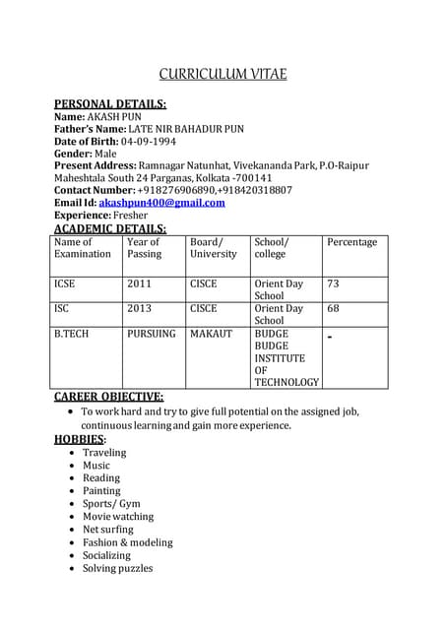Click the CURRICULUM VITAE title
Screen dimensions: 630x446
click(223, 74)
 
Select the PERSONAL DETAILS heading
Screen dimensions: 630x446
click(109, 103)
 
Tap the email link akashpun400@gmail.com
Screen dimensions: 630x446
click(161, 203)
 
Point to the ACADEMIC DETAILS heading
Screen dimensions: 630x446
click(109, 228)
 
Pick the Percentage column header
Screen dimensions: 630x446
click(351, 242)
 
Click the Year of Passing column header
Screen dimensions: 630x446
click(144, 248)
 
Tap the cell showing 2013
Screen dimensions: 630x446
click(139, 308)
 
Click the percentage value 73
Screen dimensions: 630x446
click(333, 283)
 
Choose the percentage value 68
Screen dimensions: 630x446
click(333, 308)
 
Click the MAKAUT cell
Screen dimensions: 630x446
click(211, 334)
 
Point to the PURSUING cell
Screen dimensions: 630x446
click(151, 334)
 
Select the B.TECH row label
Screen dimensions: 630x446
click(71, 334)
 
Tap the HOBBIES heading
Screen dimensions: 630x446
click(79, 439)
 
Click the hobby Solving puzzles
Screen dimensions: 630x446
click(117, 567)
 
